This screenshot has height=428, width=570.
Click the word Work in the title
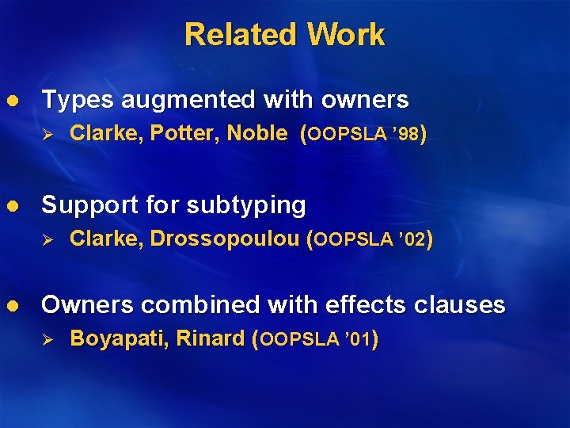tap(345, 35)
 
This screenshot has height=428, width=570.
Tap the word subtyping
tap(247, 206)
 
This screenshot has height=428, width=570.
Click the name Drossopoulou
tap(228, 239)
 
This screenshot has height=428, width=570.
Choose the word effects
tap(370, 304)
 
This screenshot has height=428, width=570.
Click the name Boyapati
tap(119, 339)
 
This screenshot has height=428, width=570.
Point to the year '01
tap(359, 340)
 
